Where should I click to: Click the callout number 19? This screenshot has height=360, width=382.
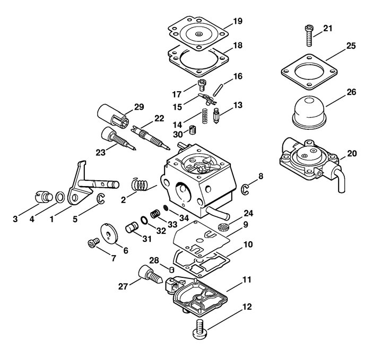(238, 21)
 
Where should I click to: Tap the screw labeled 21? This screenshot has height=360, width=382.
(309, 36)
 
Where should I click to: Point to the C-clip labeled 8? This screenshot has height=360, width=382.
(245, 190)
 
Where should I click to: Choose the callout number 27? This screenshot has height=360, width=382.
(123, 286)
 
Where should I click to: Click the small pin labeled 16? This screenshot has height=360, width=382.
(218, 90)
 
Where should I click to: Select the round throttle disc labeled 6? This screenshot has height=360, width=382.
(109, 235)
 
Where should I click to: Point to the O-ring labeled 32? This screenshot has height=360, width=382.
(144, 220)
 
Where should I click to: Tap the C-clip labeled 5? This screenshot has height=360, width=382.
(101, 198)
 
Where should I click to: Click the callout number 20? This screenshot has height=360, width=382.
(352, 154)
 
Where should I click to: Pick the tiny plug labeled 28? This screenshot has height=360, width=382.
(171, 269)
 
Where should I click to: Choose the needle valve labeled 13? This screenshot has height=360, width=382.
(216, 116)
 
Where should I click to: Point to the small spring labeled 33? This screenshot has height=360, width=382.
(155, 214)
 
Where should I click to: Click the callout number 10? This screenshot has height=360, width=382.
(248, 244)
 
